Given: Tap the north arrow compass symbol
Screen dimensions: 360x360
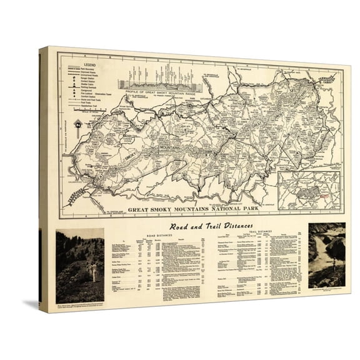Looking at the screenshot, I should (77, 124).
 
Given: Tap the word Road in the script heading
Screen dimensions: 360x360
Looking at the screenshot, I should (170, 227).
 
